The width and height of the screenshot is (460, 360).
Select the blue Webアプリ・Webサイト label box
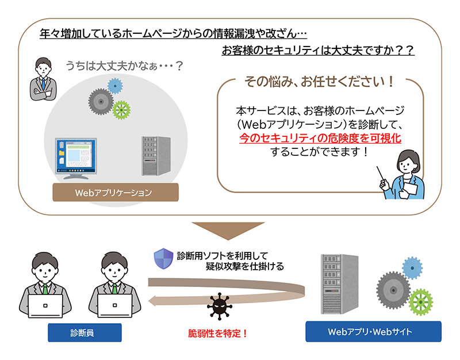(373, 332)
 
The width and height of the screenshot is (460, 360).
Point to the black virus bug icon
(218, 307)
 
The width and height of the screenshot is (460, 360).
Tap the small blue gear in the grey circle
(116, 86)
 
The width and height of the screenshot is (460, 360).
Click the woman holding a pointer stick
(407, 175)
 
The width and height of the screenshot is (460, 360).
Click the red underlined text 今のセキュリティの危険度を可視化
(320, 138)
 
